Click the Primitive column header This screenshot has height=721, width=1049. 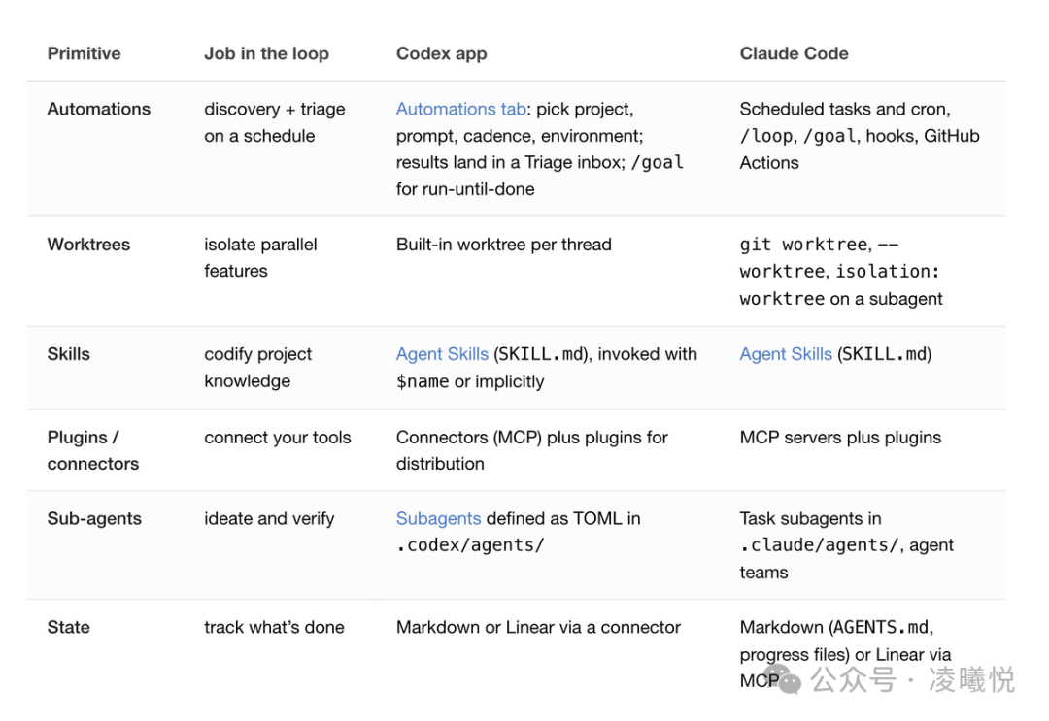tap(84, 53)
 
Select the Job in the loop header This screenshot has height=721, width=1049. tap(266, 53)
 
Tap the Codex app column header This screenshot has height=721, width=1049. tap(442, 53)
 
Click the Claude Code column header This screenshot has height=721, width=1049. tap(795, 53)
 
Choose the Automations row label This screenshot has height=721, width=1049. tap(99, 109)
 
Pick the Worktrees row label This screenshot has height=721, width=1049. tap(89, 245)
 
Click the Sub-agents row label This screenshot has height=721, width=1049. tap(94, 518)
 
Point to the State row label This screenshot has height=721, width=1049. tap(68, 627)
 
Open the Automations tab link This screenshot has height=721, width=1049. tap(461, 109)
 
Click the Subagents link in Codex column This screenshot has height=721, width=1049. tap(438, 518)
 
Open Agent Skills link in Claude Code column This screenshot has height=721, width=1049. tap(786, 354)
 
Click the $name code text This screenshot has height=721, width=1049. tap(423, 381)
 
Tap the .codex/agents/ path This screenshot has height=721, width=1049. tap(470, 545)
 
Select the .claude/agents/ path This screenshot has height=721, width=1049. tap(820, 545)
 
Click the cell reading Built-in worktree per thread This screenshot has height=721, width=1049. tap(504, 245)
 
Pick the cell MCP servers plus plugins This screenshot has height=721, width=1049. tap(840, 437)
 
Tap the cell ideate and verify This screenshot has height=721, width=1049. tap(269, 518)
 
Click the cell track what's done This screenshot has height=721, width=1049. tap(274, 627)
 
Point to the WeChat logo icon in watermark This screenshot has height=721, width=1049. tap(783, 679)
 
